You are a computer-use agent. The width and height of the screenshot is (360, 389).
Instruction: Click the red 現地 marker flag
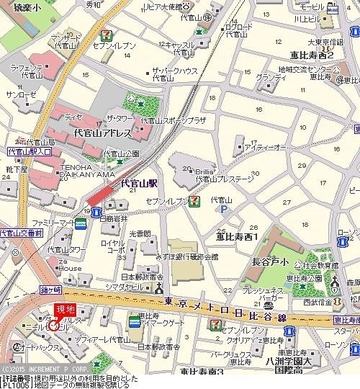coord(66,310)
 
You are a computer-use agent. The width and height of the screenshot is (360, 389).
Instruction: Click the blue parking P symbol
coord(222,210)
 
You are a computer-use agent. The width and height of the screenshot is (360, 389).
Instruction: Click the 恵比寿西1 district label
coord(237,236)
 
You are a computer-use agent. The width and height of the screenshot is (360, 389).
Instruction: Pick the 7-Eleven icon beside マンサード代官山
coord(107,34)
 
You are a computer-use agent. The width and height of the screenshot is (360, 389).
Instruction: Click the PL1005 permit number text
coord(14,385)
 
